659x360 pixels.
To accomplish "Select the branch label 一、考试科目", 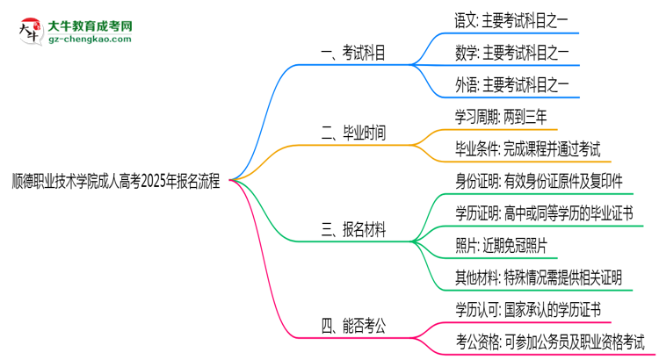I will (x=352, y=54).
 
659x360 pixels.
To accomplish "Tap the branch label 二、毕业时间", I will (x=352, y=134).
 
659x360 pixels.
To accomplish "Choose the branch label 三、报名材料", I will (x=352, y=231).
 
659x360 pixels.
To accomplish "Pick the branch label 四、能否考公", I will (x=352, y=327).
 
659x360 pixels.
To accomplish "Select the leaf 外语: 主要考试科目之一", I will (x=507, y=86).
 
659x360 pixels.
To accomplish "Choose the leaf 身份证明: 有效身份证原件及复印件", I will (x=539, y=183).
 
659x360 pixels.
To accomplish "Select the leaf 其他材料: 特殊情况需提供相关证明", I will (x=539, y=278).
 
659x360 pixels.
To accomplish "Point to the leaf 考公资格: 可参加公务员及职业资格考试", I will (x=550, y=342).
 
